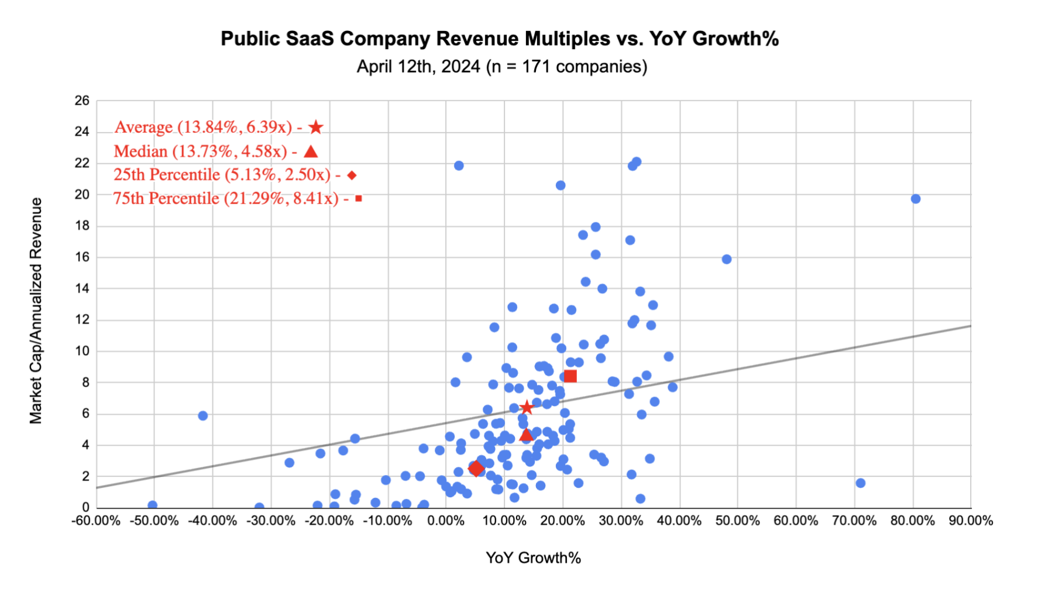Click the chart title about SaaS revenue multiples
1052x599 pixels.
(499, 39)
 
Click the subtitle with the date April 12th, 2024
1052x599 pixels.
(501, 67)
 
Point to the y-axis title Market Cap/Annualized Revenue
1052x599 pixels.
(36, 310)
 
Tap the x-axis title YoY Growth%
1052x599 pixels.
(533, 557)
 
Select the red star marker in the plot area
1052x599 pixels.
(527, 407)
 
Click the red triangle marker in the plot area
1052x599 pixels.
(526, 434)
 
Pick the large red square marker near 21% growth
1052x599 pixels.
(570, 376)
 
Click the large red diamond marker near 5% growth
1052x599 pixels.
(476, 469)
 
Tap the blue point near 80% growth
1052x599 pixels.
(916, 199)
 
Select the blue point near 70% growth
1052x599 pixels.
(860, 483)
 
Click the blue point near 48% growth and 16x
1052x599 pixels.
(726, 259)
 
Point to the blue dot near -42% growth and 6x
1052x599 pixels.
(202, 416)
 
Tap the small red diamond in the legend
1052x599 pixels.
(352, 175)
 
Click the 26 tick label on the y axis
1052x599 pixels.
(82, 101)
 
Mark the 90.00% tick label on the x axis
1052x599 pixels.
(971, 521)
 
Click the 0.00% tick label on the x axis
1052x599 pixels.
(446, 521)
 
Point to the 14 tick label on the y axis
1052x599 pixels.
(82, 288)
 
